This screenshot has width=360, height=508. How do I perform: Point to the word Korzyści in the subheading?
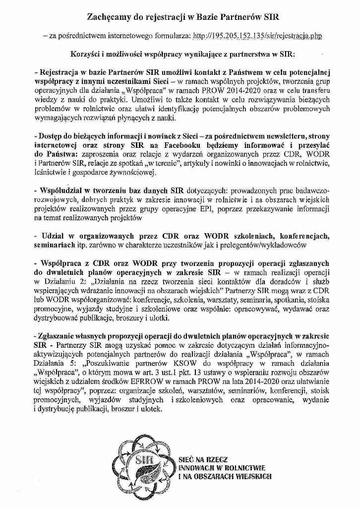pyautogui.click(x=85, y=54)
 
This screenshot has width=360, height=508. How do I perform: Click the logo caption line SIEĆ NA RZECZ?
pyautogui.click(x=201, y=460)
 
